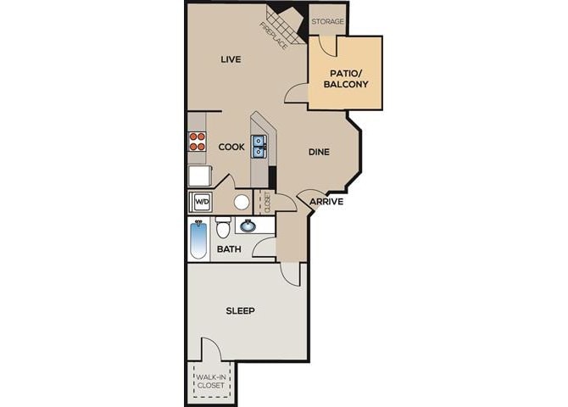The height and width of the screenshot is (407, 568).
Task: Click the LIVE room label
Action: point(231,59)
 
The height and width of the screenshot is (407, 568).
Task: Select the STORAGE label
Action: point(327,21)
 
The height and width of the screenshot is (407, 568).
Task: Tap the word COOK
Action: point(231,148)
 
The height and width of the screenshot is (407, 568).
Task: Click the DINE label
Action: point(318,153)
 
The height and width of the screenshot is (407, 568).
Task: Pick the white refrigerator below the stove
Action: point(199,176)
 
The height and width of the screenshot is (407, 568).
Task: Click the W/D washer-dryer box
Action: point(202,202)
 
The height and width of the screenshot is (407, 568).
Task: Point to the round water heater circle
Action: point(242,202)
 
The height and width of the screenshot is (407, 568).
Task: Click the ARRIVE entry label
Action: point(326,202)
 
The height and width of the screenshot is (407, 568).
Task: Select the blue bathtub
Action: point(198,239)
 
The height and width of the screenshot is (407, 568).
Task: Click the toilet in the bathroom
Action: point(223,228)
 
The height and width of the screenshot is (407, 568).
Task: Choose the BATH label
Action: point(229,249)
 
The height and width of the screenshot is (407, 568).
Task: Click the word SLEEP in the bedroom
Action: point(240,310)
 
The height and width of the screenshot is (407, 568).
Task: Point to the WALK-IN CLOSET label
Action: point(210,382)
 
